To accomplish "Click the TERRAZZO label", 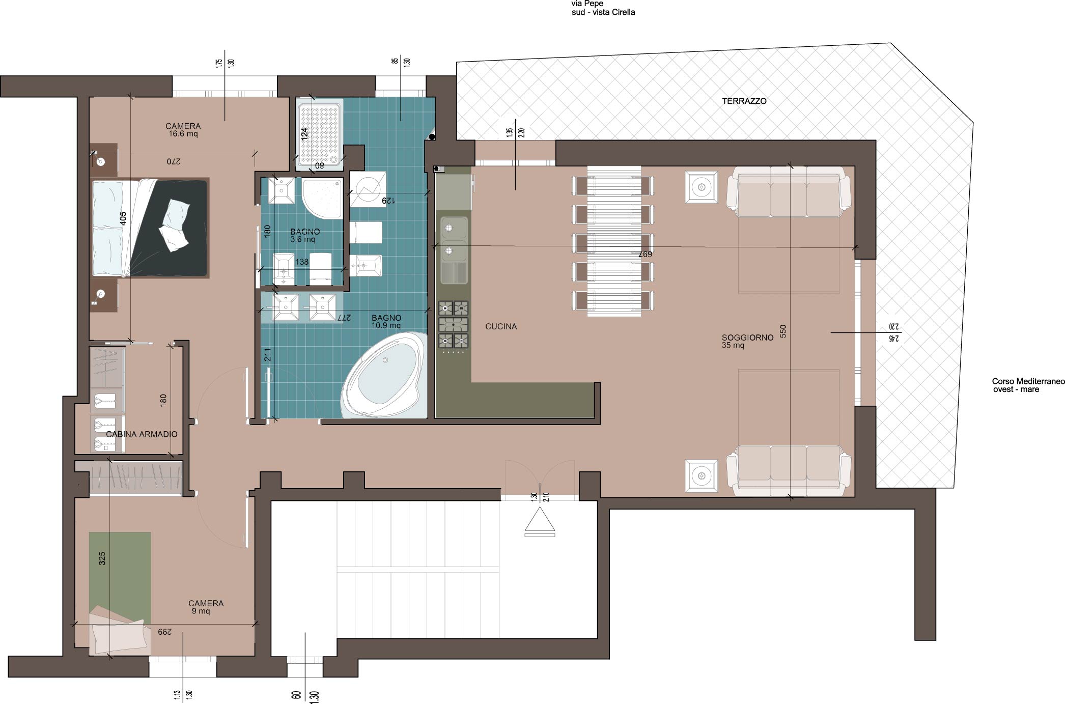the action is tap(744, 101).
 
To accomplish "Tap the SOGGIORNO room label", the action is tap(747, 337).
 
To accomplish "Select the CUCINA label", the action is tap(501, 326).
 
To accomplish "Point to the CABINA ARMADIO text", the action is tap(142, 434).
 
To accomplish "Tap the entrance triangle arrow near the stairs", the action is tap(540, 522).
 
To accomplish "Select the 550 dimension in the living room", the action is tap(783, 331).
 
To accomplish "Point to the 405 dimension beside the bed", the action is tap(123, 219).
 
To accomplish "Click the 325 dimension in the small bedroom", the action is tap(102, 558).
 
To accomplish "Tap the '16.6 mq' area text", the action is tap(183, 134).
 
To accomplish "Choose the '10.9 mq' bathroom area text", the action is tap(386, 326).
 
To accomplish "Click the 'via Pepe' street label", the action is tap(587, 4).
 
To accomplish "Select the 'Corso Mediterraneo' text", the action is tap(1028, 381).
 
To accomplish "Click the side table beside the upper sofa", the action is tap(702, 187).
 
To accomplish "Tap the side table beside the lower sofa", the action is tap(702, 476).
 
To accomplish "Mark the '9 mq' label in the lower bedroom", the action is tap(201, 611).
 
